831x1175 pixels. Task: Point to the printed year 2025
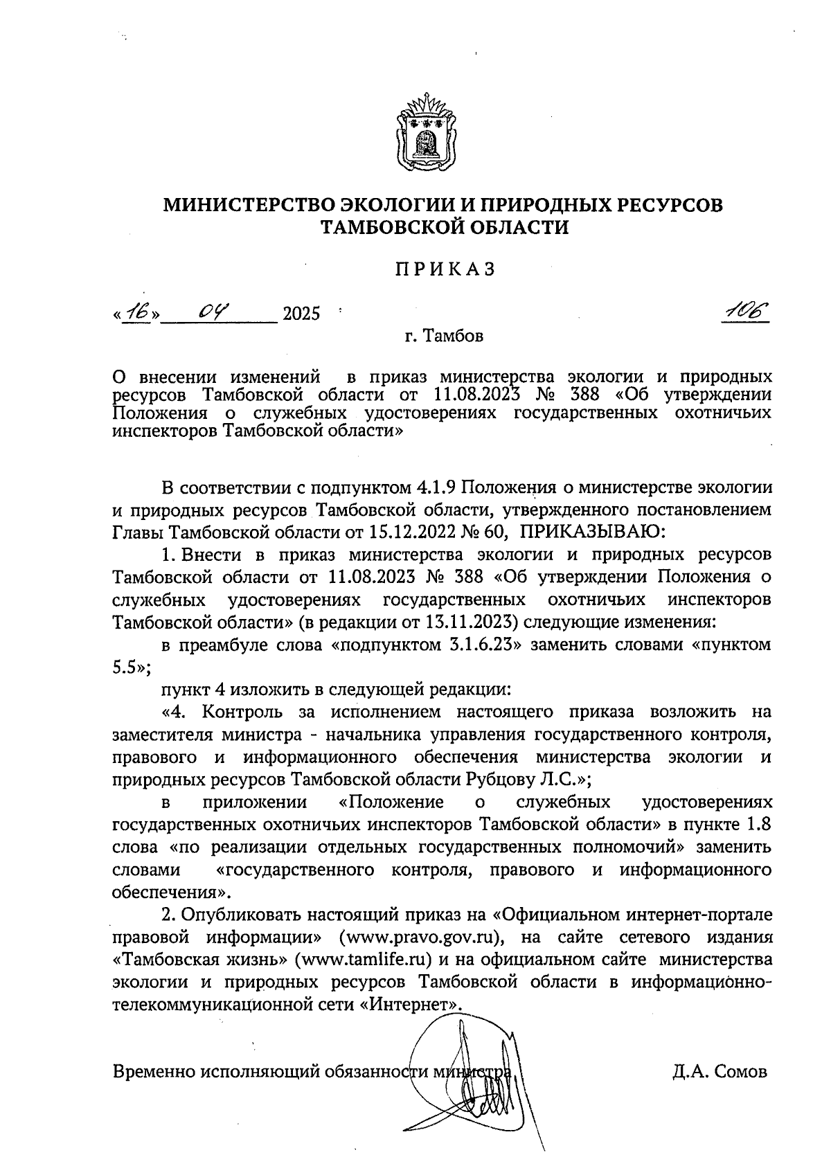302,315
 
